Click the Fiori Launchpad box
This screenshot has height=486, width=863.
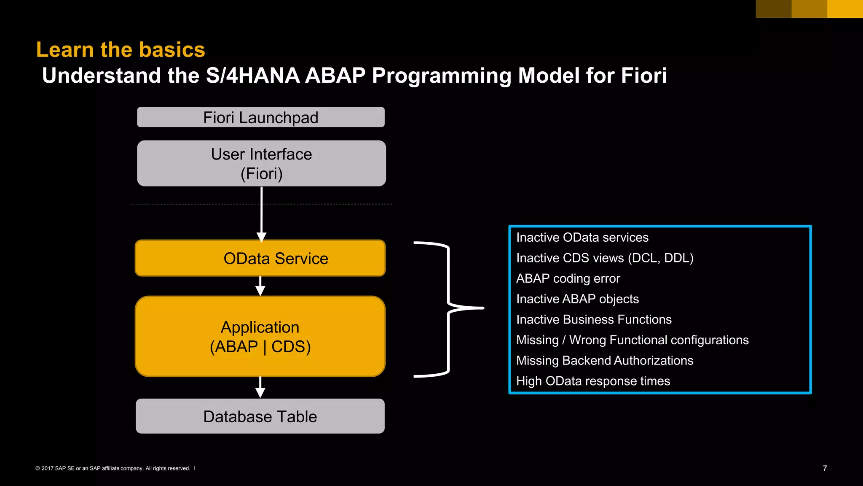point(260,117)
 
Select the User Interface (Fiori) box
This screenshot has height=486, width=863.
point(261,164)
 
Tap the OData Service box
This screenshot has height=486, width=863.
point(260,258)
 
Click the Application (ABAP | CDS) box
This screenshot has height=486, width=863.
point(260,337)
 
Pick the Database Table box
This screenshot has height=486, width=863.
point(260,416)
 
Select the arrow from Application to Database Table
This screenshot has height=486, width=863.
point(260,387)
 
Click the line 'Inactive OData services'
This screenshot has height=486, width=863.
point(582,238)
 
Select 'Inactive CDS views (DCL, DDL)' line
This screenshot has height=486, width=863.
point(605,258)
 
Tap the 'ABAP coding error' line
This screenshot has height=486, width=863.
point(568,278)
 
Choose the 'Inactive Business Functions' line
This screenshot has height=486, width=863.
point(594,319)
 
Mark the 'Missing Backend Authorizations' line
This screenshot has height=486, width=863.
point(605,360)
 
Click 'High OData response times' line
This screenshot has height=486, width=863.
point(593,381)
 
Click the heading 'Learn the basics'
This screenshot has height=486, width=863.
point(121,50)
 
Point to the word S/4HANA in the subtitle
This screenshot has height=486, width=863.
point(252,76)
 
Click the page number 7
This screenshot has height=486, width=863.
point(825,468)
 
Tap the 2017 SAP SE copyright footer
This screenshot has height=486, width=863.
point(113,468)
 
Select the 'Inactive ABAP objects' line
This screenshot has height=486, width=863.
point(577,299)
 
